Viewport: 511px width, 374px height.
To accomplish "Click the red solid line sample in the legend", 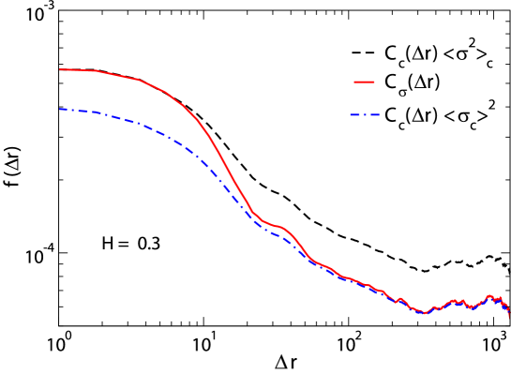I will (364, 82).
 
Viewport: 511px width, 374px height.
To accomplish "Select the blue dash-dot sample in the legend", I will (365, 115).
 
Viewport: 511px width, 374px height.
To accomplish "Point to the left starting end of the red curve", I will (60, 69).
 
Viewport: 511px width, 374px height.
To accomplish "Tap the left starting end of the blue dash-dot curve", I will (60, 110).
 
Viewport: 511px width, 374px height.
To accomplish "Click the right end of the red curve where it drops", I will (509, 318).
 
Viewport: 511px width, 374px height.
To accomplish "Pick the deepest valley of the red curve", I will (425, 313).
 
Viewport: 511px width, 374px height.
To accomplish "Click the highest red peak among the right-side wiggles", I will (488, 295).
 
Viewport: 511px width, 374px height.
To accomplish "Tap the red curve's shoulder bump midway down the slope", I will (280, 227).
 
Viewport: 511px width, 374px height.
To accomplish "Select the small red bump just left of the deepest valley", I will (401, 299).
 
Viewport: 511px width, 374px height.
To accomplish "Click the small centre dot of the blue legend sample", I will (365, 115).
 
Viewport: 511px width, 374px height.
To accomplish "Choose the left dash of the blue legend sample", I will (354, 115).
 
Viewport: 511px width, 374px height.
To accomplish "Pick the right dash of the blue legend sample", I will (375, 115).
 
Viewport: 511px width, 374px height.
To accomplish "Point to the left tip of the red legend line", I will (353, 82).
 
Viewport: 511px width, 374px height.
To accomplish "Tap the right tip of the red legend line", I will (375, 82).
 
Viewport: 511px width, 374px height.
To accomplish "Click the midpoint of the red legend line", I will (364, 82).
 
